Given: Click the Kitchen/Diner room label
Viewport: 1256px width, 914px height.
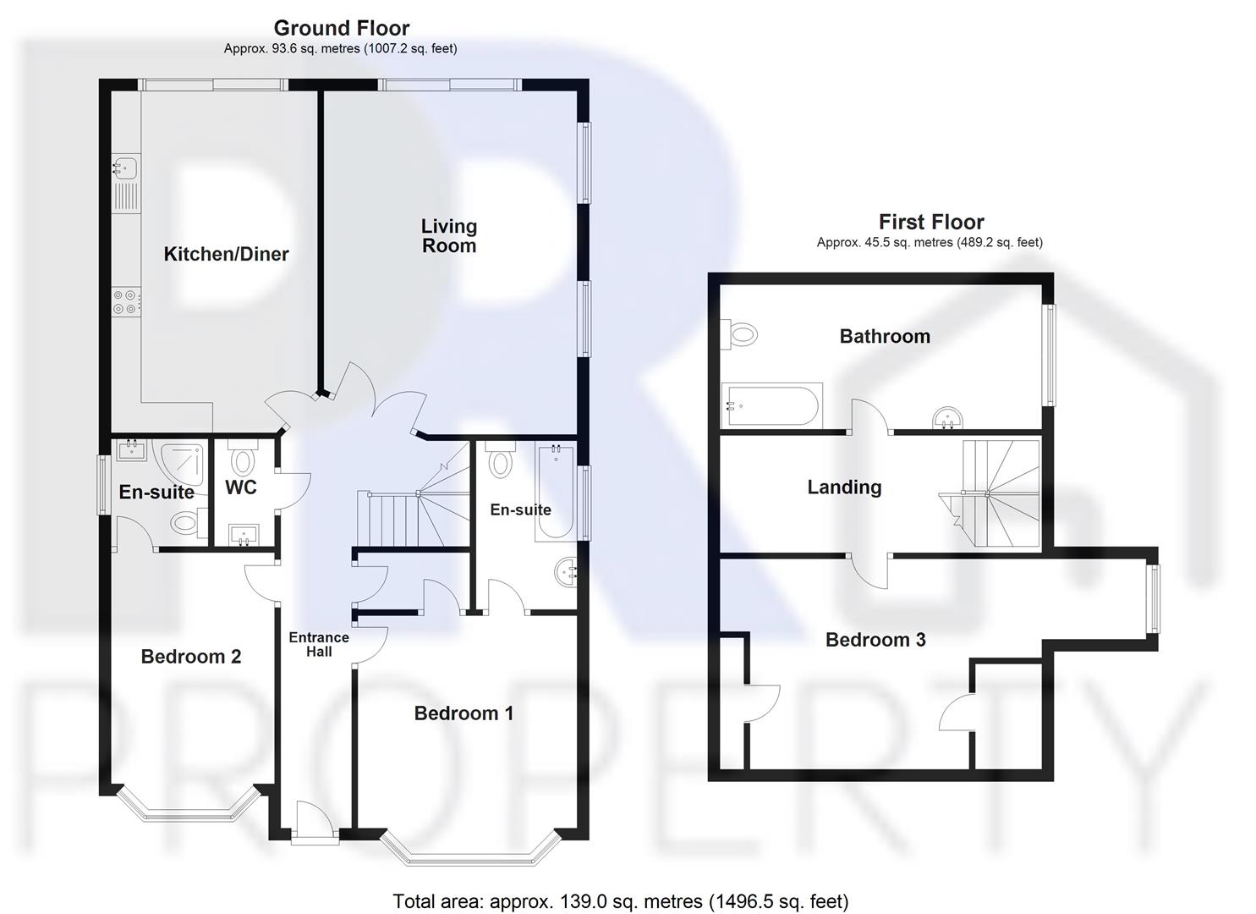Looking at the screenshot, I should click(x=226, y=254).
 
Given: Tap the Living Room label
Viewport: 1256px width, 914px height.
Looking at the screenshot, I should click(x=449, y=236).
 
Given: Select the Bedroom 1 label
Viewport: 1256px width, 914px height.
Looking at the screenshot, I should click(x=463, y=713).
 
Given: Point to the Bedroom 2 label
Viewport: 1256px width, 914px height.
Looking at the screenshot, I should click(x=191, y=657).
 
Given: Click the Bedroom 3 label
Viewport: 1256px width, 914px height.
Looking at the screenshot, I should click(x=875, y=640).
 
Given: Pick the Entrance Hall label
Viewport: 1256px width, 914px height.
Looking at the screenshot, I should click(x=319, y=644).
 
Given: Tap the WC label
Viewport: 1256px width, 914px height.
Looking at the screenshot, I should click(x=241, y=487).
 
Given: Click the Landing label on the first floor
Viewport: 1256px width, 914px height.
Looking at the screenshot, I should click(x=844, y=487).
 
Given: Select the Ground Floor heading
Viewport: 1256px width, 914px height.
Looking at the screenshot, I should click(x=342, y=28).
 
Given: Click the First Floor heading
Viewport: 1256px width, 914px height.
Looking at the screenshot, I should click(x=931, y=222).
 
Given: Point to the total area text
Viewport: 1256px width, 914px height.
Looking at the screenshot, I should click(x=620, y=901).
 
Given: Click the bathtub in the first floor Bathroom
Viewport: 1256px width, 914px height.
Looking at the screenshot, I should click(x=771, y=407).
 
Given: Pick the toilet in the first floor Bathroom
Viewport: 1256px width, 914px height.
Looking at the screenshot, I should click(x=738, y=334).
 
